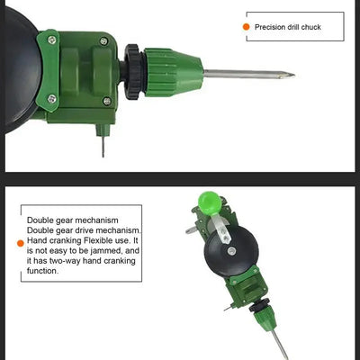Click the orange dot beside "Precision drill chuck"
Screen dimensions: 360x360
click(x=247, y=27)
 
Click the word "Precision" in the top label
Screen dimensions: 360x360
click(x=270, y=28)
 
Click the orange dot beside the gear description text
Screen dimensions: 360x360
click(x=20, y=243)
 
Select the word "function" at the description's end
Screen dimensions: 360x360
click(x=44, y=270)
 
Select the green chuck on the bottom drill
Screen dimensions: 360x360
click(x=265, y=319)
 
